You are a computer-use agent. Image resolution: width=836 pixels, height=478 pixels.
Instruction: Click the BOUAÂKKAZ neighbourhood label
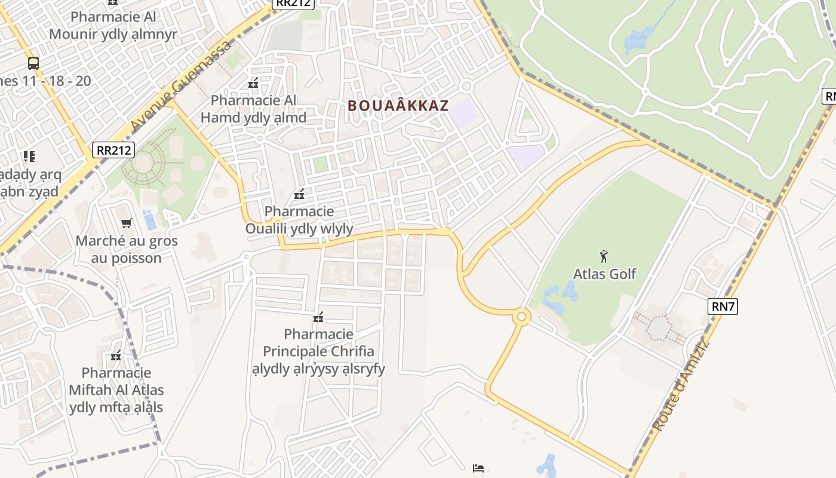398,106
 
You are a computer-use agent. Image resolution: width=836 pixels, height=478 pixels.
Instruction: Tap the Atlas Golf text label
604,274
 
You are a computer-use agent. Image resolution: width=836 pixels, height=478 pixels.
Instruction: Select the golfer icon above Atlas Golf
604,256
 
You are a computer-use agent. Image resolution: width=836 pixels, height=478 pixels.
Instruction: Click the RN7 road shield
723,307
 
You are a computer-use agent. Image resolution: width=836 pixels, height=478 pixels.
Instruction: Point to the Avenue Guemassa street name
181,85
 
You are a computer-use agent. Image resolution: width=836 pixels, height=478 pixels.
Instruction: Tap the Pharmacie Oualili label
299,220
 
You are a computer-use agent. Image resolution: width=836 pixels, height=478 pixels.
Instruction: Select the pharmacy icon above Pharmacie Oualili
299,194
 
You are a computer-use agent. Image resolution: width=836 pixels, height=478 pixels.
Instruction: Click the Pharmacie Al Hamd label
253,109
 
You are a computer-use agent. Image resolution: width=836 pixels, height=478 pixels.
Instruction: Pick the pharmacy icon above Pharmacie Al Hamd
253,83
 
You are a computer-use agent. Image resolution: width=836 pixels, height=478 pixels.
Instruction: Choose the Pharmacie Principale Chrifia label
318,351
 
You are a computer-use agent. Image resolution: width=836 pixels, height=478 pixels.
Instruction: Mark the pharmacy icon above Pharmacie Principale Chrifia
318,317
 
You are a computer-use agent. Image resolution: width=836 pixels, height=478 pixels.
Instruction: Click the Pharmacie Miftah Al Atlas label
116,390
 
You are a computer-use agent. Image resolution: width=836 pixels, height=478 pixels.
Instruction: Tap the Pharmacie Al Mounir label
113,25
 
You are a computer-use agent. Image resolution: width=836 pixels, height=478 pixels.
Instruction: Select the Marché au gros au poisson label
126,250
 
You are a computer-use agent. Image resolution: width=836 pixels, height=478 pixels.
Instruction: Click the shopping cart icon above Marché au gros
126,223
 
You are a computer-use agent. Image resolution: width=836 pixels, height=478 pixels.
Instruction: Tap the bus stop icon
33,63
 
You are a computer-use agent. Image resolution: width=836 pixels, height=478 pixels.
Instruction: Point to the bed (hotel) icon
478,468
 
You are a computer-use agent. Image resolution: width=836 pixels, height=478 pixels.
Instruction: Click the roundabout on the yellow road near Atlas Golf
521,316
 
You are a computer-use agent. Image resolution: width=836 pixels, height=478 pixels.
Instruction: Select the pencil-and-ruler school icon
29,157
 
